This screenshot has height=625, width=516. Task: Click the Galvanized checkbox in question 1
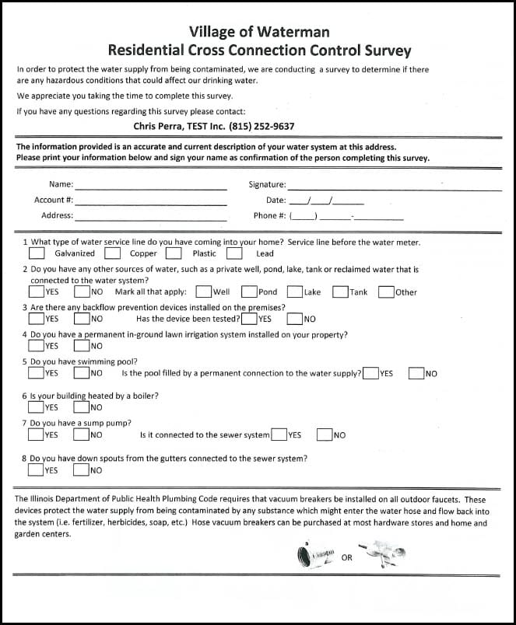(x=37, y=253)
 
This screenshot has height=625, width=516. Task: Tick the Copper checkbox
(x=113, y=253)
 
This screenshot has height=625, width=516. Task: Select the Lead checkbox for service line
(x=234, y=253)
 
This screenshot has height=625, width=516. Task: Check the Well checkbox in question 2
(x=203, y=292)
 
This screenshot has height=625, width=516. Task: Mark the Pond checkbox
(x=249, y=292)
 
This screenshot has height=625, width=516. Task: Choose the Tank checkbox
(x=340, y=292)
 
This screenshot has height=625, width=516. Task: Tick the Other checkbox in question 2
(x=386, y=292)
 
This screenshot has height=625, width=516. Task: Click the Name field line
(x=151, y=188)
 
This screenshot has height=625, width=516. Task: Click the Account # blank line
(x=151, y=204)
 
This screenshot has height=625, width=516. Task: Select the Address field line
(x=151, y=219)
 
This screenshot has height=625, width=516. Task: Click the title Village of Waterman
(x=259, y=32)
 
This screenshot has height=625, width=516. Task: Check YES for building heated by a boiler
(x=37, y=407)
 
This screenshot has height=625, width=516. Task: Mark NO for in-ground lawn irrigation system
(x=82, y=346)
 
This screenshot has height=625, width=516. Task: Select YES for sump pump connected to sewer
(x=279, y=435)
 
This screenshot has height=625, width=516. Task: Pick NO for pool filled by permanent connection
(x=416, y=373)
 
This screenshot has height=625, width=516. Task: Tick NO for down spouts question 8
(x=82, y=470)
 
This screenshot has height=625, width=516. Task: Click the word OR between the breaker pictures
(x=347, y=557)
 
